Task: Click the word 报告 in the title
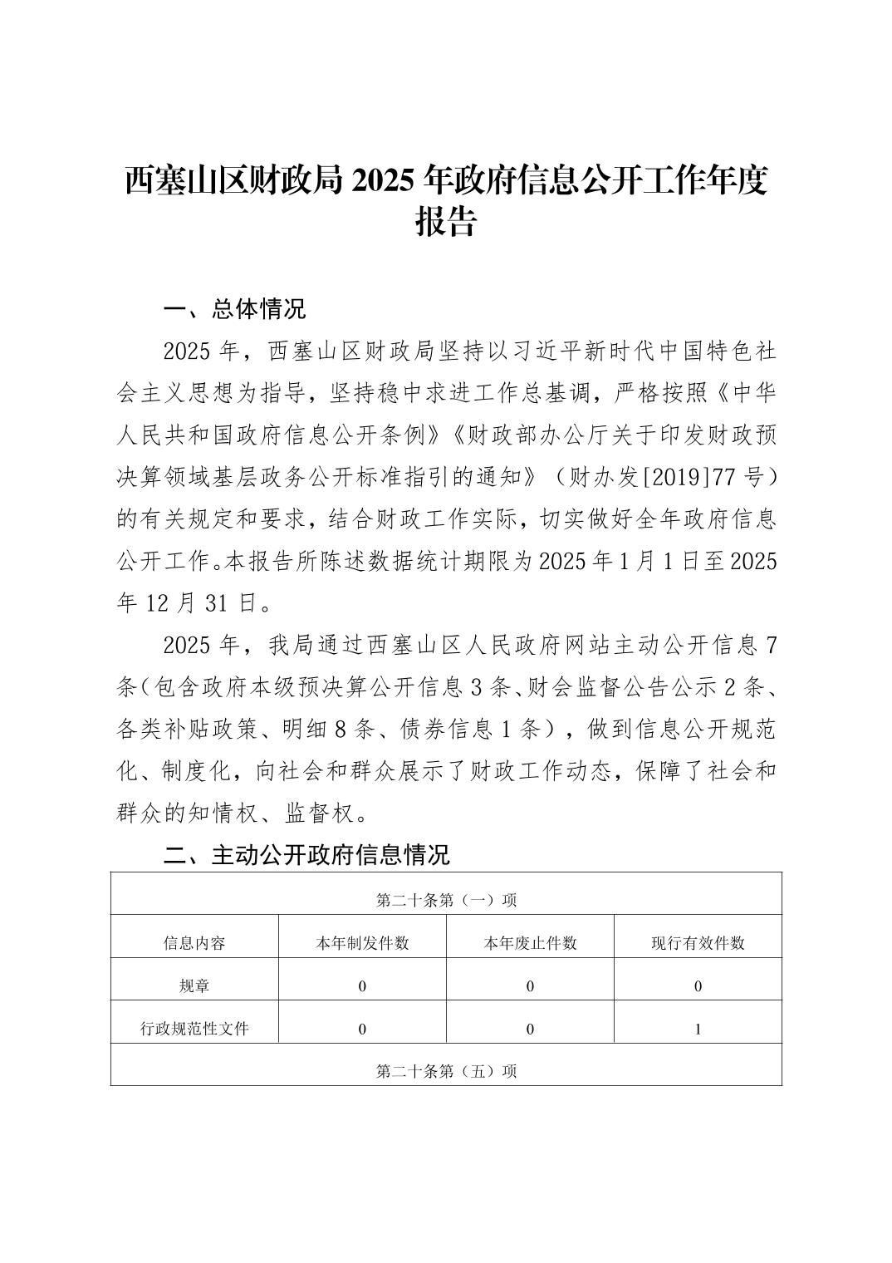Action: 445,223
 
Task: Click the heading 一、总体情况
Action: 235,310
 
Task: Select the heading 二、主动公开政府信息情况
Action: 306,855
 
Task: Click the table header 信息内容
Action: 194,943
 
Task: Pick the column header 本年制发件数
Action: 362,943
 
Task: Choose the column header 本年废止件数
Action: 530,943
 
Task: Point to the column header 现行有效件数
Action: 698,943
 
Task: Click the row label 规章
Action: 194,986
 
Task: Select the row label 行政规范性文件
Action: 194,1029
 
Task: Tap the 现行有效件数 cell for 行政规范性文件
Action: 698,1029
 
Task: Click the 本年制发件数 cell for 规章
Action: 362,986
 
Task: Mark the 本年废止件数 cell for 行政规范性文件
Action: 530,1029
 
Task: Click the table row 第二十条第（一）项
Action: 446,900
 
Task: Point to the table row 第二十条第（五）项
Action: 446,1071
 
